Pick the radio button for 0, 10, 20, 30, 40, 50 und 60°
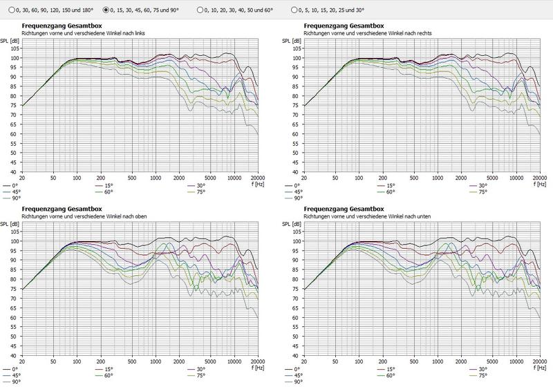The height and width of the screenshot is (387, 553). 201,10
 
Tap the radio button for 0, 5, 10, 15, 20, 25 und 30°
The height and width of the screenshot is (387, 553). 295,10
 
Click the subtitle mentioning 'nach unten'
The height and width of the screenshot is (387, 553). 364,217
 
